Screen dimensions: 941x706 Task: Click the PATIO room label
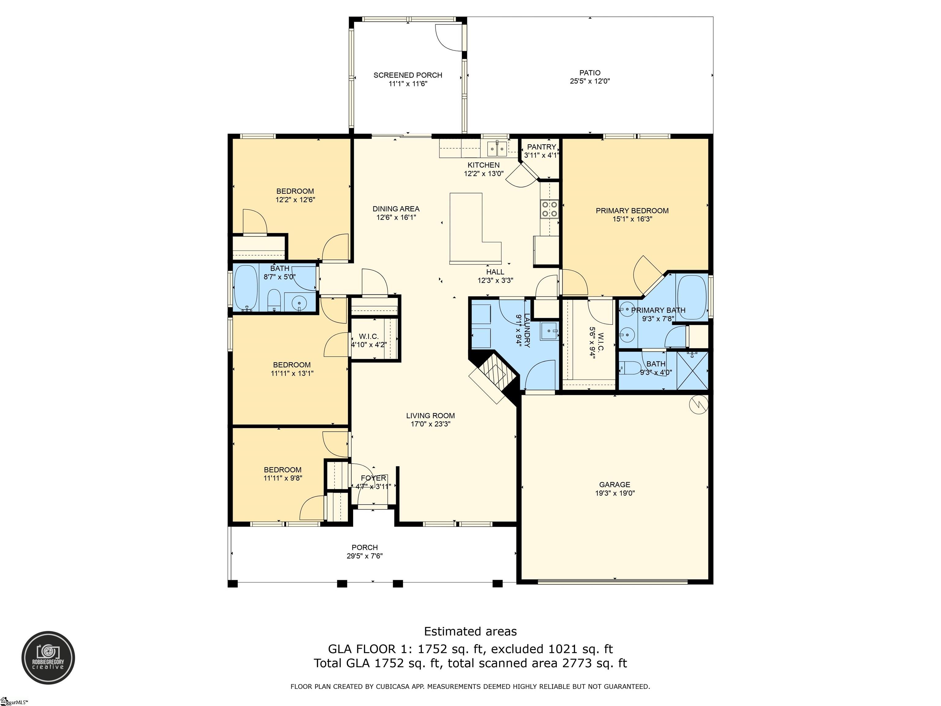[590, 73]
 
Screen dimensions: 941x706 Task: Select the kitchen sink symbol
[497, 149]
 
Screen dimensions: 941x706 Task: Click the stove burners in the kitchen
[549, 209]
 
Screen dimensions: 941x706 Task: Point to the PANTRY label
[541, 147]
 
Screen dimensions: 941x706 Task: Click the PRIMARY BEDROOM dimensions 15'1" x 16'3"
[632, 219]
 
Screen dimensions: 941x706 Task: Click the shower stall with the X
[692, 370]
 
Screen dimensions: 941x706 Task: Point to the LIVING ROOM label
[430, 415]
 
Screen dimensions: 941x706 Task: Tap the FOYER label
[373, 478]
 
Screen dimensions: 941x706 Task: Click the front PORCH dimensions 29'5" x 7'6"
[365, 556]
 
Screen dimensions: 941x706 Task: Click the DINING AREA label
[396, 209]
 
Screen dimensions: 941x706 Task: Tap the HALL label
[495, 272]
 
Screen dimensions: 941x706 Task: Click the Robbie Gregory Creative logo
[48, 658]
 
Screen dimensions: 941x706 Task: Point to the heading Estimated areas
[470, 631]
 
